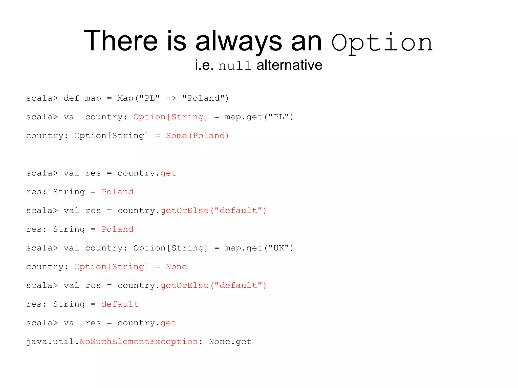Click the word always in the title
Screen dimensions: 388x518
point(239,41)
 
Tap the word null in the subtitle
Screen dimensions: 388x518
point(235,66)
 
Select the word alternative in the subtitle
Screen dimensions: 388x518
point(289,65)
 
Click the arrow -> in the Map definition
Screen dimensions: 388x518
point(171,98)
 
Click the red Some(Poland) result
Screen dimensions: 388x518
point(197,136)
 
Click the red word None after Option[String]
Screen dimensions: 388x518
point(176,267)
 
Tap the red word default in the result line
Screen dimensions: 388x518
point(120,304)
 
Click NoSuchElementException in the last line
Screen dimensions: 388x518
point(139,341)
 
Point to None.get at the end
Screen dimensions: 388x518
point(230,341)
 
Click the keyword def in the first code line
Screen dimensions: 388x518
point(72,98)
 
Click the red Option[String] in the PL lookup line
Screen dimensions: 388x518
point(170,117)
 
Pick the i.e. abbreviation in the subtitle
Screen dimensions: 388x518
point(204,65)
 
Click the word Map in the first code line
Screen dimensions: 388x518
point(125,98)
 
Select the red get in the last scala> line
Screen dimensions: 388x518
point(168,323)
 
